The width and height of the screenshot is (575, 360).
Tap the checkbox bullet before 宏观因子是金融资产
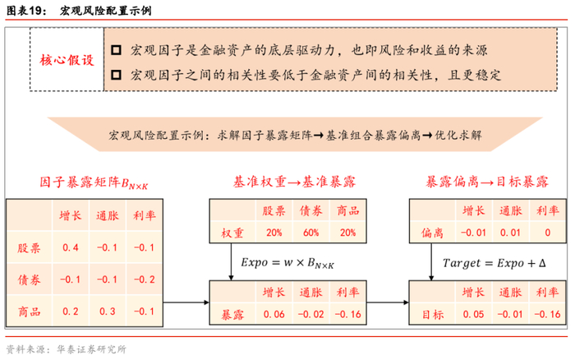tap(116, 49)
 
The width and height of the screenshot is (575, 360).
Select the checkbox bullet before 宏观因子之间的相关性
tap(116, 75)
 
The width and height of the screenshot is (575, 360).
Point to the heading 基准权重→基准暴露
tap(295, 182)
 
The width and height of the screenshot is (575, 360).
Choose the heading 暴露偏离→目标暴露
tap(487, 182)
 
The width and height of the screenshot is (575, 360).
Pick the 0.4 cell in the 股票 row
tap(71, 247)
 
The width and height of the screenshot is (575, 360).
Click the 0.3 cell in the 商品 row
tap(108, 312)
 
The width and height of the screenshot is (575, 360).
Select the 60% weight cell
tap(310, 233)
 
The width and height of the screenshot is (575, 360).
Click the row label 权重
tap(233, 233)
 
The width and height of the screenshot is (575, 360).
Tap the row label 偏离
tap(432, 233)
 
